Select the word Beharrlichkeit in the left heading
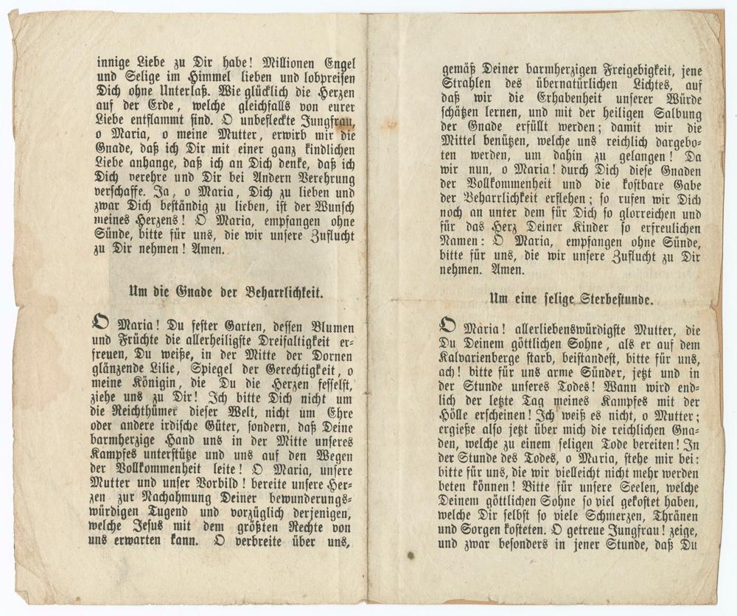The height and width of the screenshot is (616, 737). pos(285,292)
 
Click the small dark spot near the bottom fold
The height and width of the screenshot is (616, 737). pos(410,555)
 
